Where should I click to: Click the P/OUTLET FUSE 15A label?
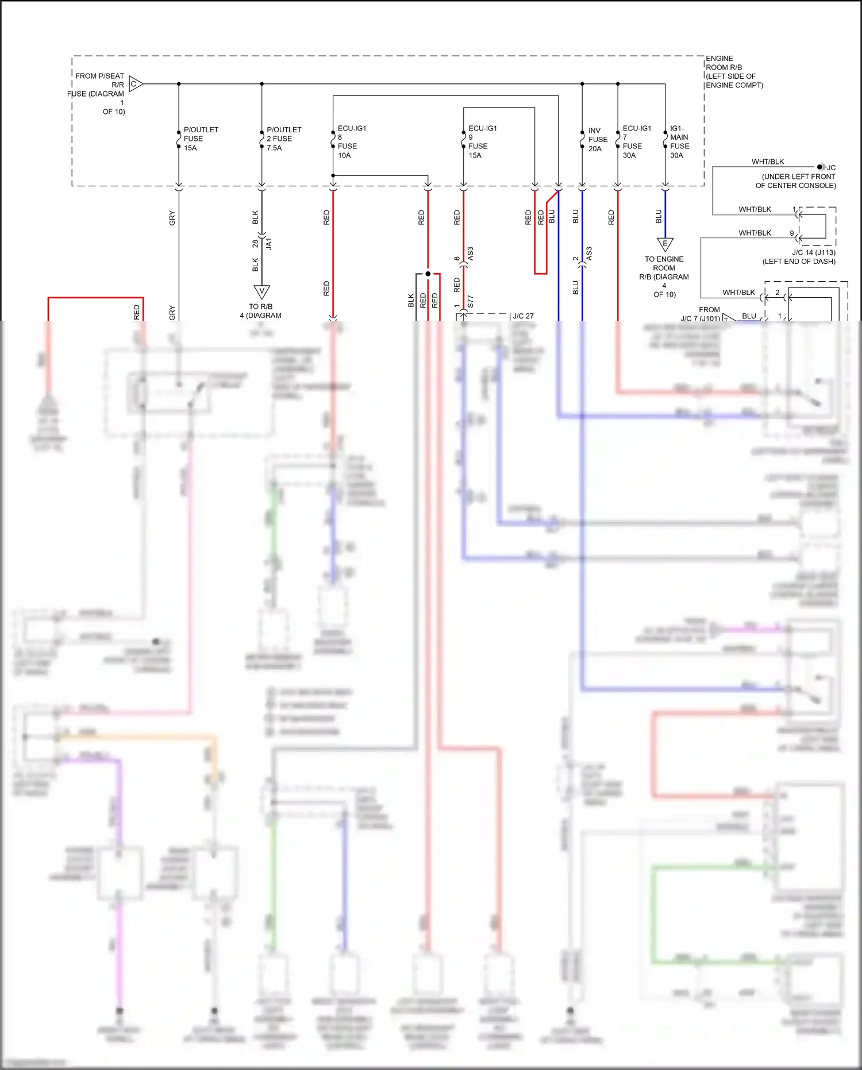200,139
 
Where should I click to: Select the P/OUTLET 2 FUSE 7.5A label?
283,139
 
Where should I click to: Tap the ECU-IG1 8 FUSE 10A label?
351,142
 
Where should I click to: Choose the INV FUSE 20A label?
597,140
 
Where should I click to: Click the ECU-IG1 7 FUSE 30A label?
636,142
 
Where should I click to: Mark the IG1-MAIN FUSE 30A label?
679,142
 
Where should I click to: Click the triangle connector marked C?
135,84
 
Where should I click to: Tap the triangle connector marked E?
665,244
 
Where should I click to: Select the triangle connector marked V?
261,292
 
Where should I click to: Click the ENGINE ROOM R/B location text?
734,72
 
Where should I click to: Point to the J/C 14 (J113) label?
799,256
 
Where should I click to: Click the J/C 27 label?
523,316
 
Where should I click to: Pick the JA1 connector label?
268,243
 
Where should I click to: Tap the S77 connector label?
470,301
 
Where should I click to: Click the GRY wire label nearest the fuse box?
172,218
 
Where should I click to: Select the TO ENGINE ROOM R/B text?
664,277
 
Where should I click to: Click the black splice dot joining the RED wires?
428,274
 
